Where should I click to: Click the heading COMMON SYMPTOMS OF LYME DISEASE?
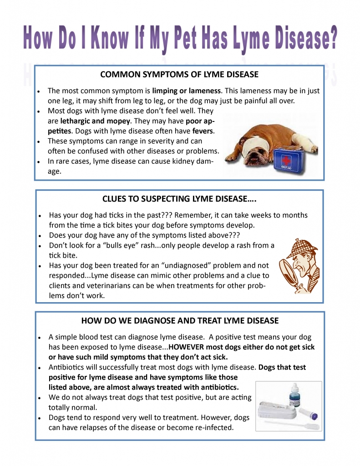point(179,74)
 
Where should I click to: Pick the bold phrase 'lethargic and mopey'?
point(96,121)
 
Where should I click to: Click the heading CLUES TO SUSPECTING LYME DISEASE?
point(179,199)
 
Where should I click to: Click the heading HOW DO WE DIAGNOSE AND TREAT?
point(179,320)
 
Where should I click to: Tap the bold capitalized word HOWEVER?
point(187,347)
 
